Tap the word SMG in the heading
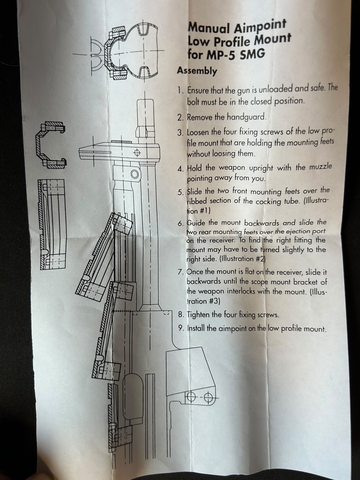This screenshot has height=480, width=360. pos(252,54)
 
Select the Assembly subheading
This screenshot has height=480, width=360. pos(197,71)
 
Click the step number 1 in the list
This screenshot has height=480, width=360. pos(180,90)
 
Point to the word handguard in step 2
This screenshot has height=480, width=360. pos(246,117)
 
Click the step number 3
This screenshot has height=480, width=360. pos(180,133)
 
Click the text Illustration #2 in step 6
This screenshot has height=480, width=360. pos(243,259)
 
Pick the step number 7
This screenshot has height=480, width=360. pos(180,272)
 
